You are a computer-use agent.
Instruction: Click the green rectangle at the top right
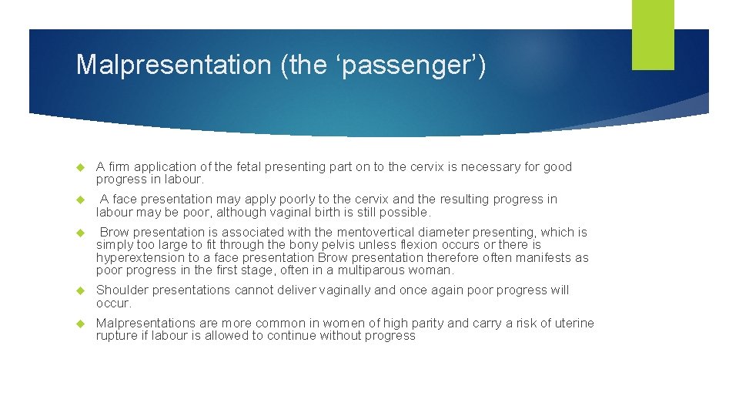[x=653, y=35]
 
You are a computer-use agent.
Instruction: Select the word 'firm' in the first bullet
[x=119, y=167]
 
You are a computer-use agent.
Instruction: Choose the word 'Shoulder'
[x=122, y=290]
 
